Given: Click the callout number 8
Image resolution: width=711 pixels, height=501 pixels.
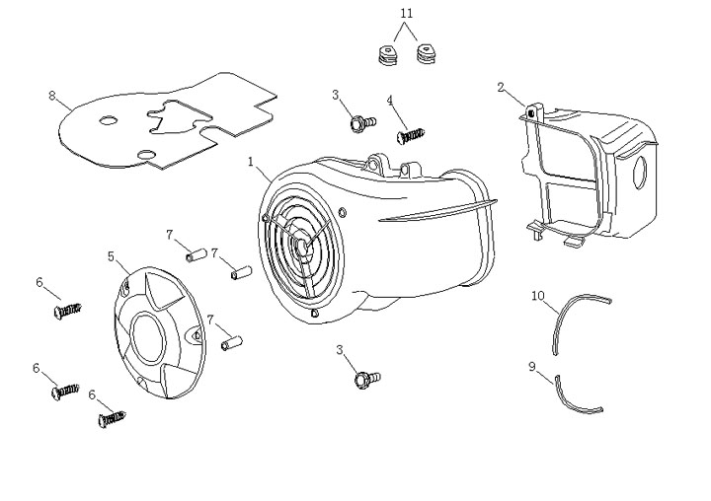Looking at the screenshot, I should click(x=51, y=96).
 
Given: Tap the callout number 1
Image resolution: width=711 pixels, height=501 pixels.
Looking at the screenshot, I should click(x=252, y=160).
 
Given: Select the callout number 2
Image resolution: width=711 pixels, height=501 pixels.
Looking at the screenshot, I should click(x=502, y=88).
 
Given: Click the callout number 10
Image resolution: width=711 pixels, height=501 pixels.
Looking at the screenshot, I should click(x=538, y=295).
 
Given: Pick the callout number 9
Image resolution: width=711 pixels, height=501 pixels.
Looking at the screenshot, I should click(x=532, y=366).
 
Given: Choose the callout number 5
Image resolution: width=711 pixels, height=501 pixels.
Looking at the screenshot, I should click(x=111, y=256).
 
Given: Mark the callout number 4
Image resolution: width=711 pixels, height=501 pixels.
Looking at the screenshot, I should click(x=390, y=101).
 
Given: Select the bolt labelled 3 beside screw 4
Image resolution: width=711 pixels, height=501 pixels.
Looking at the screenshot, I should click(x=361, y=123).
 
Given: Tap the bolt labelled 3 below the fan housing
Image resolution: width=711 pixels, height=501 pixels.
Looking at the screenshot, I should click(x=364, y=377).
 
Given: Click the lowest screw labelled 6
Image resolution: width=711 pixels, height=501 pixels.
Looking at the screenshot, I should click(x=111, y=419).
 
